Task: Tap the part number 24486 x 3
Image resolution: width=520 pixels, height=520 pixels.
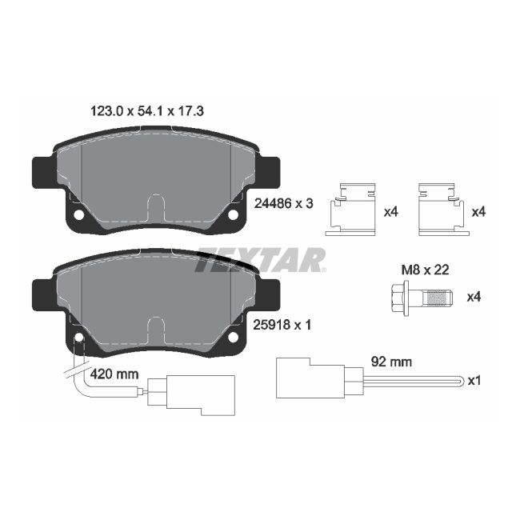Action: point(283,203)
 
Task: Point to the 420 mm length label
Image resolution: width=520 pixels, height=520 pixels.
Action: point(115,373)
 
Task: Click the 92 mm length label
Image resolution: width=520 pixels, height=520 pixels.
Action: point(393,362)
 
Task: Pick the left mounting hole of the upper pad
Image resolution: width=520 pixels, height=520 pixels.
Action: point(79,215)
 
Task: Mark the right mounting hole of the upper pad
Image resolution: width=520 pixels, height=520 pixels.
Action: point(234,214)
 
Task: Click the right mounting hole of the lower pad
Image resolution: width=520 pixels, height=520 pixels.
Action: point(234,337)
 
